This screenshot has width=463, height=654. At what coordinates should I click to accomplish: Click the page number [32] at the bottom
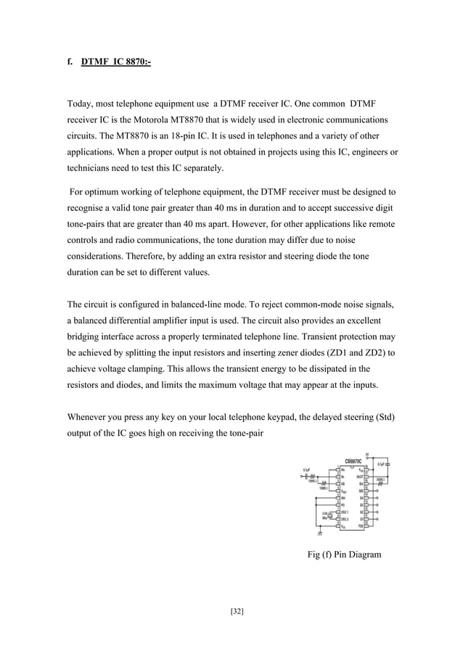pyautogui.click(x=237, y=612)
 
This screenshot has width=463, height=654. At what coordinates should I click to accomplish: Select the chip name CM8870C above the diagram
pyautogui.click(x=354, y=460)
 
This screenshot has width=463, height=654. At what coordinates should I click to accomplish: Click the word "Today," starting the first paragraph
pyautogui.click(x=83, y=102)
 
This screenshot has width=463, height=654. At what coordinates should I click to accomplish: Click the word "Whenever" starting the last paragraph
pyautogui.click(x=89, y=418)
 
